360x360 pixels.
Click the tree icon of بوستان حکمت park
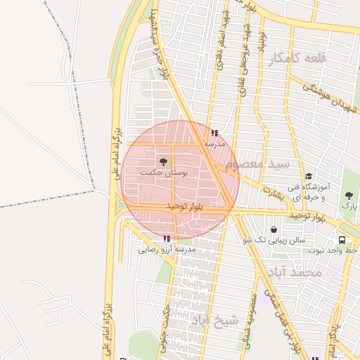[x=163, y=162]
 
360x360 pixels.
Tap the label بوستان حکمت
[x=165, y=173]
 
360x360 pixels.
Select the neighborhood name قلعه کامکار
[x=298, y=59]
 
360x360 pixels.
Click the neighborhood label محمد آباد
[x=300, y=271]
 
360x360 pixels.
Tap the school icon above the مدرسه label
[x=214, y=132]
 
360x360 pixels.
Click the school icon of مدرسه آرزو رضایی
[x=167, y=238]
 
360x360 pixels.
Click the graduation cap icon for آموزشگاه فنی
[x=308, y=176]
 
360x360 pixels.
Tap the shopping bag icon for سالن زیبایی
[x=274, y=229]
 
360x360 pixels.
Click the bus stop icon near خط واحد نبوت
[x=342, y=239]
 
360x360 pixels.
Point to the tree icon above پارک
[x=349, y=195]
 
